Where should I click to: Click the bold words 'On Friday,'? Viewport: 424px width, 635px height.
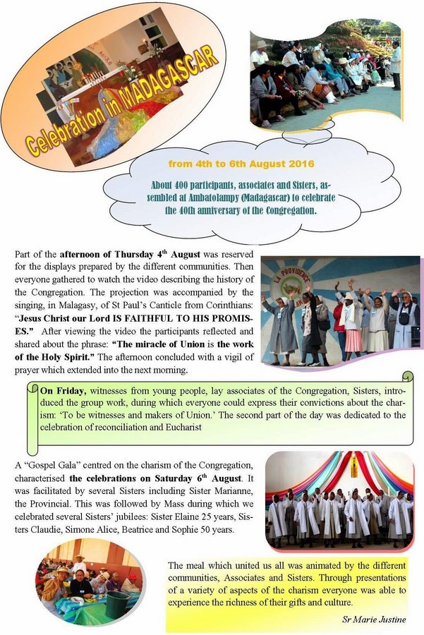tap(62, 390)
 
